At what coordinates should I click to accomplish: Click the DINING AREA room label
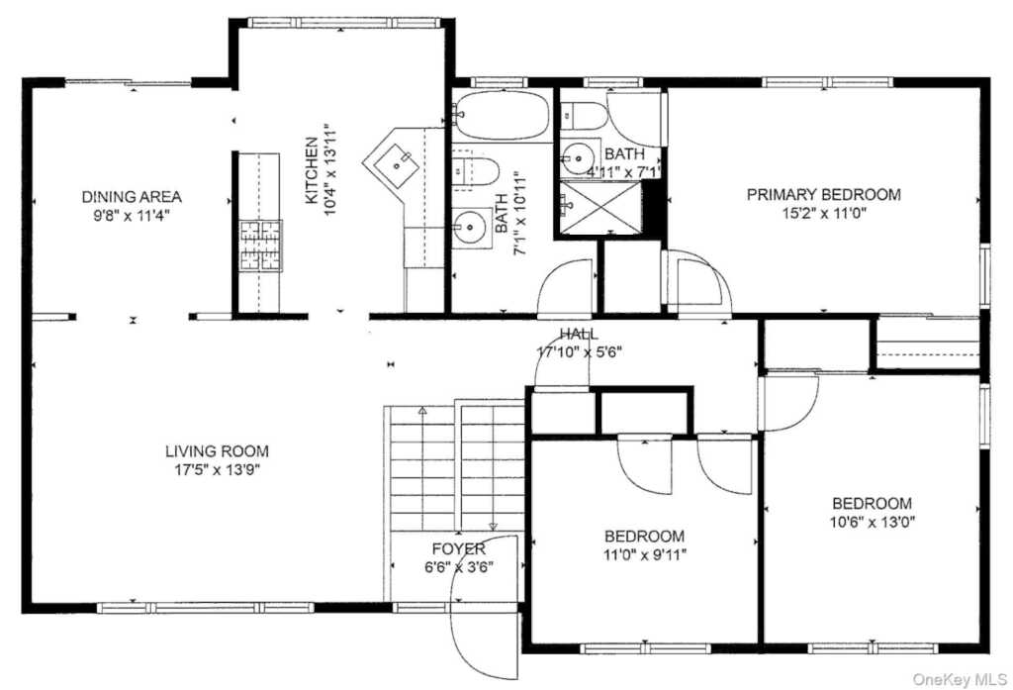point(132,196)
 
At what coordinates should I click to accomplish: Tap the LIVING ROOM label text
point(217,450)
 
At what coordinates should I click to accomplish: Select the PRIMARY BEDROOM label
point(824,194)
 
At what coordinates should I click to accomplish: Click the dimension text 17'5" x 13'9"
point(217,470)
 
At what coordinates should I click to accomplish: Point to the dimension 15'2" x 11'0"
point(824,214)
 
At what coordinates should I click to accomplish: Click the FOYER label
point(459,549)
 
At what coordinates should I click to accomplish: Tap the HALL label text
point(579,334)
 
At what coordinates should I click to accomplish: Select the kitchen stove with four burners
point(261,246)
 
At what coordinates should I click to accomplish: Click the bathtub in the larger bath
point(502,115)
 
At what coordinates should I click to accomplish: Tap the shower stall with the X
point(600,208)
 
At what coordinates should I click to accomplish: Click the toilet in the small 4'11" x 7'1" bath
point(584,116)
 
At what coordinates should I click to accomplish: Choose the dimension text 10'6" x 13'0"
point(873,522)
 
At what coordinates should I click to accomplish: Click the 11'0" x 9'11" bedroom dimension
point(644,554)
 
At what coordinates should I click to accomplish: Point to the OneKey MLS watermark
point(960,679)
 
